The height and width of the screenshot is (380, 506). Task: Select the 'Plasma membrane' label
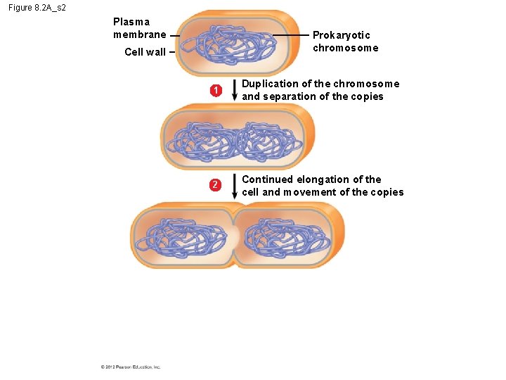click(x=140, y=28)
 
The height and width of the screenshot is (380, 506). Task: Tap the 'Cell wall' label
click(x=145, y=52)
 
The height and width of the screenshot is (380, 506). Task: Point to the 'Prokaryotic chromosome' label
click(x=345, y=42)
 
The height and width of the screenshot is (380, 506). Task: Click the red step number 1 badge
click(x=216, y=90)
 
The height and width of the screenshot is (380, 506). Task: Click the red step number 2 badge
click(x=216, y=186)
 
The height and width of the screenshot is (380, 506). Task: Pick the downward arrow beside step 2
click(x=234, y=186)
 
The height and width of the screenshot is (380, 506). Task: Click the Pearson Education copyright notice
click(x=131, y=367)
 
